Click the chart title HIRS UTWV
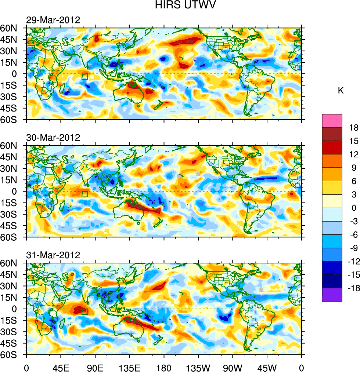(x=180, y=6)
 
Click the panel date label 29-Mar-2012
(x=53, y=20)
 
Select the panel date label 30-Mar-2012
(x=53, y=138)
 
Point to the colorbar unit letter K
(x=341, y=90)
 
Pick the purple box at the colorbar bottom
(x=332, y=295)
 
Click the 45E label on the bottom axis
(x=61, y=367)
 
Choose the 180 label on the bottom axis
(x=164, y=367)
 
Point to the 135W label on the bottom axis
(x=198, y=367)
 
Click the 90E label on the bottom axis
(x=95, y=367)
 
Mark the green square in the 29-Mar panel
(x=85, y=76)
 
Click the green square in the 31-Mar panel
(x=85, y=311)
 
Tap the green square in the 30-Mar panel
(x=85, y=194)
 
